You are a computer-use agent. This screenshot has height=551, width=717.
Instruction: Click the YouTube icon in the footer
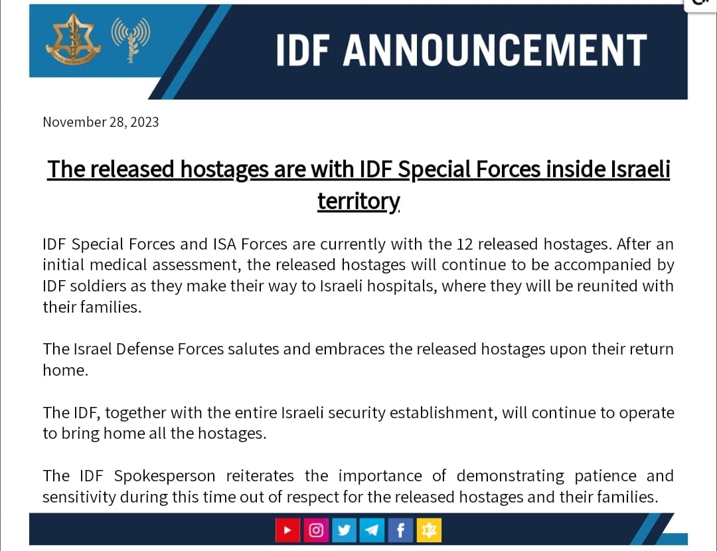pyautogui.click(x=287, y=530)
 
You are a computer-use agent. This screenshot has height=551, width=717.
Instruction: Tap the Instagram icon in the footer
pyautogui.click(x=316, y=530)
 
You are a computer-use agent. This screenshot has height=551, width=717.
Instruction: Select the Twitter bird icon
pyautogui.click(x=344, y=530)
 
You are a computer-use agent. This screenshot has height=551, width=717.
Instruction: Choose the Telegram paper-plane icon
pyautogui.click(x=372, y=530)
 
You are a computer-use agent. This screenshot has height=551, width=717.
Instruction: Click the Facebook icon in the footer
pyautogui.click(x=400, y=530)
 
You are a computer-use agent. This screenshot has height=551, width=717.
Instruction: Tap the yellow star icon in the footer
pyautogui.click(x=429, y=530)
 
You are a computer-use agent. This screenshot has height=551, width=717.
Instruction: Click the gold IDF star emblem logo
pyautogui.click(x=73, y=39)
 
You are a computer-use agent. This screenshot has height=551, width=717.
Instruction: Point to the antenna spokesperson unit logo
pyautogui.click(x=131, y=40)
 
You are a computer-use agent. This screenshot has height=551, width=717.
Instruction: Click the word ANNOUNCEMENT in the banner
pyautogui.click(x=495, y=50)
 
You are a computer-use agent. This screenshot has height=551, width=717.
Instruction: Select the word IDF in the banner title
pyautogui.click(x=303, y=50)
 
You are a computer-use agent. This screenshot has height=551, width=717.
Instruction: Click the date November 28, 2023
pyautogui.click(x=101, y=122)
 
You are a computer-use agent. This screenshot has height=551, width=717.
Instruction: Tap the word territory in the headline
pyautogui.click(x=359, y=200)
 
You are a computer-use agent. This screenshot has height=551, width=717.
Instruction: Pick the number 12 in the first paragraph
pyautogui.click(x=465, y=244)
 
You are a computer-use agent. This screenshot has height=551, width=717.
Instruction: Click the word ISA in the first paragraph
pyautogui.click(x=224, y=244)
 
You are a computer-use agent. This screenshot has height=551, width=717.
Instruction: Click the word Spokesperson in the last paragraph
pyautogui.click(x=165, y=477)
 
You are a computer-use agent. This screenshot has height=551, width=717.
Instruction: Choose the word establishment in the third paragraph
pyautogui.click(x=443, y=412)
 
